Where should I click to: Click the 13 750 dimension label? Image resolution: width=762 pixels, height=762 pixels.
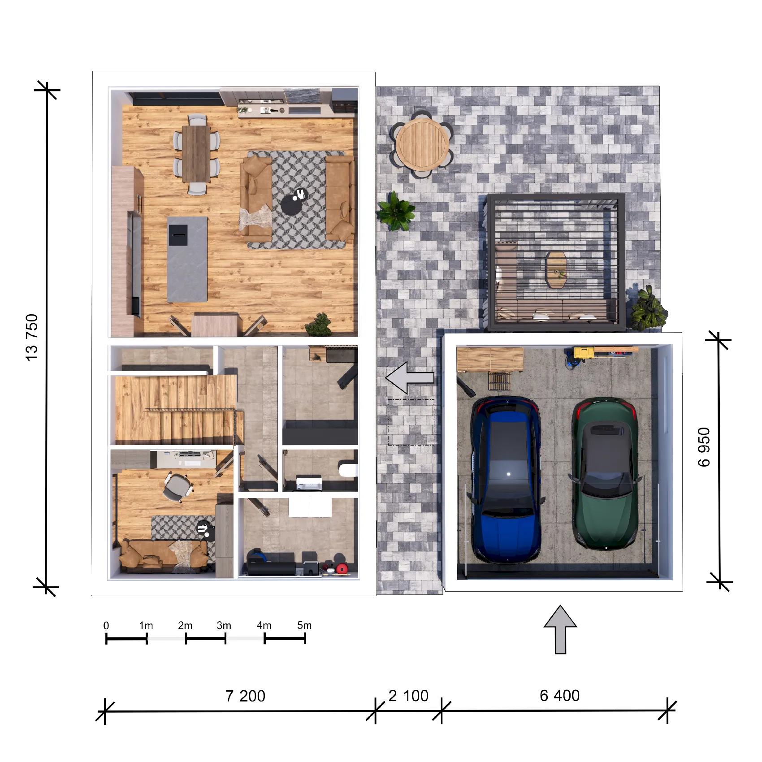[x=32, y=337]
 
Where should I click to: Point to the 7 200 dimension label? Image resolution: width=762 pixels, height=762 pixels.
[x=245, y=696]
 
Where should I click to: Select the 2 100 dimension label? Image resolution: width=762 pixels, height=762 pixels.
[x=408, y=696]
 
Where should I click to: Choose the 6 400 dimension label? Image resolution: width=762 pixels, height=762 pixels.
[x=559, y=695]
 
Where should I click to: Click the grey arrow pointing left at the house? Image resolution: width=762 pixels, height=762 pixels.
[x=410, y=378]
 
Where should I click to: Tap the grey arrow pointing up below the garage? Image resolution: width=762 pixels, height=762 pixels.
[x=560, y=630]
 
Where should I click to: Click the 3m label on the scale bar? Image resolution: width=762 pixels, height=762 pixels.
[x=224, y=625]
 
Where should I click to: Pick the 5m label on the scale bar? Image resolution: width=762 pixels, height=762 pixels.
[x=304, y=625]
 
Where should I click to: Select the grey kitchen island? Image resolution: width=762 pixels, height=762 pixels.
[x=187, y=260]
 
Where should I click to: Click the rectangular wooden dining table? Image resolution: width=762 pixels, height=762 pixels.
[x=196, y=154]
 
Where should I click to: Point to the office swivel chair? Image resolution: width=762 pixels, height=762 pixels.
[x=177, y=486]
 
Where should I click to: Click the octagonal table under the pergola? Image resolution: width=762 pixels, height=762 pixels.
[x=556, y=270]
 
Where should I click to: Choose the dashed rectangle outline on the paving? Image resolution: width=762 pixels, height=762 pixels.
[x=411, y=422]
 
